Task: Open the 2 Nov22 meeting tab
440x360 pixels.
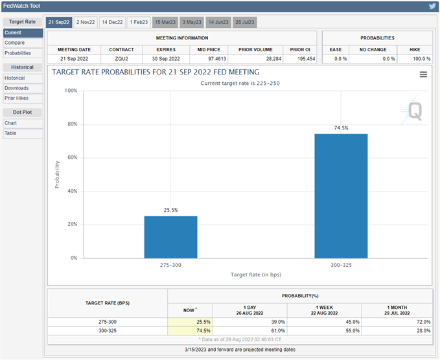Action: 85,23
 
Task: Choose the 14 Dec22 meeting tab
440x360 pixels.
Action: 111,23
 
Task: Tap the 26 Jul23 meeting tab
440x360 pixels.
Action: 244,23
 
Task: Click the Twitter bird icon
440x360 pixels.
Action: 432,6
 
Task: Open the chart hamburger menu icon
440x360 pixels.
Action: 423,74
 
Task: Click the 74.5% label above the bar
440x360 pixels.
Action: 341,128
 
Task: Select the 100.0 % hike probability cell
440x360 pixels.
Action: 415,58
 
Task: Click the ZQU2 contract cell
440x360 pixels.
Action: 122,58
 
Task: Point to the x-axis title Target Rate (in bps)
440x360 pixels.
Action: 256,275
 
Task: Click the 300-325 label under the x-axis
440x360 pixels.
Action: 341,265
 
